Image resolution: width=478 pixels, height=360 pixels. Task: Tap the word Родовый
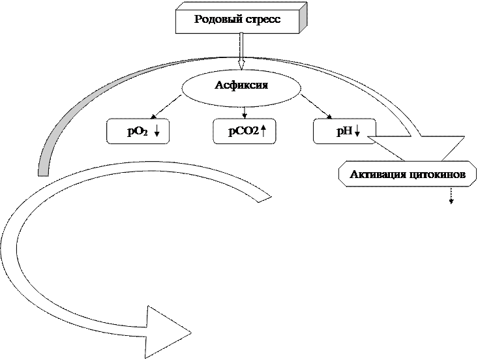218,19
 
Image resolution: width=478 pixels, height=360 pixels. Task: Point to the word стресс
263,19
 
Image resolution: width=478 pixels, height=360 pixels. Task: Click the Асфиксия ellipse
241,86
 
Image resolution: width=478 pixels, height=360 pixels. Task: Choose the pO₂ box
138,132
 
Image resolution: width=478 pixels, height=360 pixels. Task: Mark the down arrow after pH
357,132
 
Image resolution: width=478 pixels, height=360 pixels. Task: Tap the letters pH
344,132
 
